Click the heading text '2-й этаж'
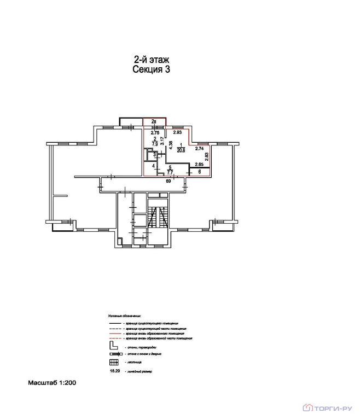152,60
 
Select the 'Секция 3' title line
152,69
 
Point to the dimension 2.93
177,132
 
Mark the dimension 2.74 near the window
199,148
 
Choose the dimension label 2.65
199,164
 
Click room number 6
199,172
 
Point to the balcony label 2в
154,121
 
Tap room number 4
154,165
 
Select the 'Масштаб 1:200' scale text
52,383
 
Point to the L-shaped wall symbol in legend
113,346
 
